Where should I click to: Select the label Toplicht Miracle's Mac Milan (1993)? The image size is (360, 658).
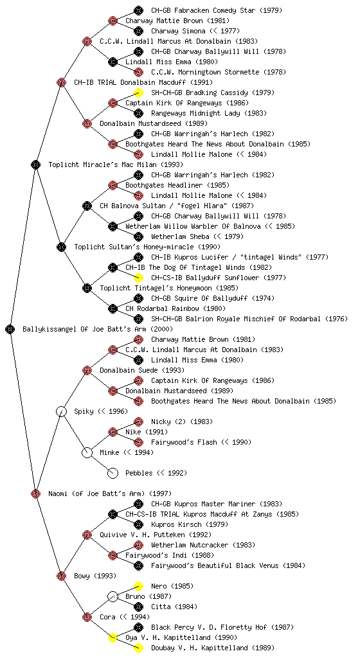pyautogui.click(x=116, y=164)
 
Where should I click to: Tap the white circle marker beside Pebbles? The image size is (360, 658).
pyautogui.click(x=113, y=473)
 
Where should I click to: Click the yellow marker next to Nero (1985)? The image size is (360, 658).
pyautogui.click(x=138, y=586)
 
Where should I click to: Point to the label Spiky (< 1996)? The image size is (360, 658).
pyautogui.click(x=101, y=411)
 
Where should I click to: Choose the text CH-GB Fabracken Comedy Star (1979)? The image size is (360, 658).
pyautogui.click(x=217, y=10)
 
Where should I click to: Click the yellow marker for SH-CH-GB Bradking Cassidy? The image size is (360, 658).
pyautogui.click(x=138, y=93)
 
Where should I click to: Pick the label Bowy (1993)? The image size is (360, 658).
pyautogui.click(x=95, y=576)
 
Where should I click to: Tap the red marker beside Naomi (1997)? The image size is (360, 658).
pyautogui.click(x=35, y=493)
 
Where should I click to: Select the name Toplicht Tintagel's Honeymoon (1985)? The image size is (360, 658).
pyautogui.click(x=169, y=288)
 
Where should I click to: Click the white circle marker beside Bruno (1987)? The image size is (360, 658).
pyautogui.click(x=113, y=596)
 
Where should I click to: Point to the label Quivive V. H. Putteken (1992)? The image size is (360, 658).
pyautogui.click(x=156, y=535)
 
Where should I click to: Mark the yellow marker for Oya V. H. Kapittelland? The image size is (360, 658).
pyautogui.click(x=113, y=637)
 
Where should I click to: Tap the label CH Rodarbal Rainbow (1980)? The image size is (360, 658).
pyautogui.click(x=168, y=308)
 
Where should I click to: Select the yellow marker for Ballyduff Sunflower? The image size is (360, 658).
pyautogui.click(x=138, y=278)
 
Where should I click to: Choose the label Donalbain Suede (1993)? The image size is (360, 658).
pyautogui.click(x=142, y=370)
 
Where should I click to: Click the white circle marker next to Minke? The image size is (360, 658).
pyautogui.click(x=87, y=452)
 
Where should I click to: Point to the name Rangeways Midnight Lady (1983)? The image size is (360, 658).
pyautogui.click(x=209, y=113)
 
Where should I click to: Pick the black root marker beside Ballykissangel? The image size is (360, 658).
pyautogui.click(x=10, y=329)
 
